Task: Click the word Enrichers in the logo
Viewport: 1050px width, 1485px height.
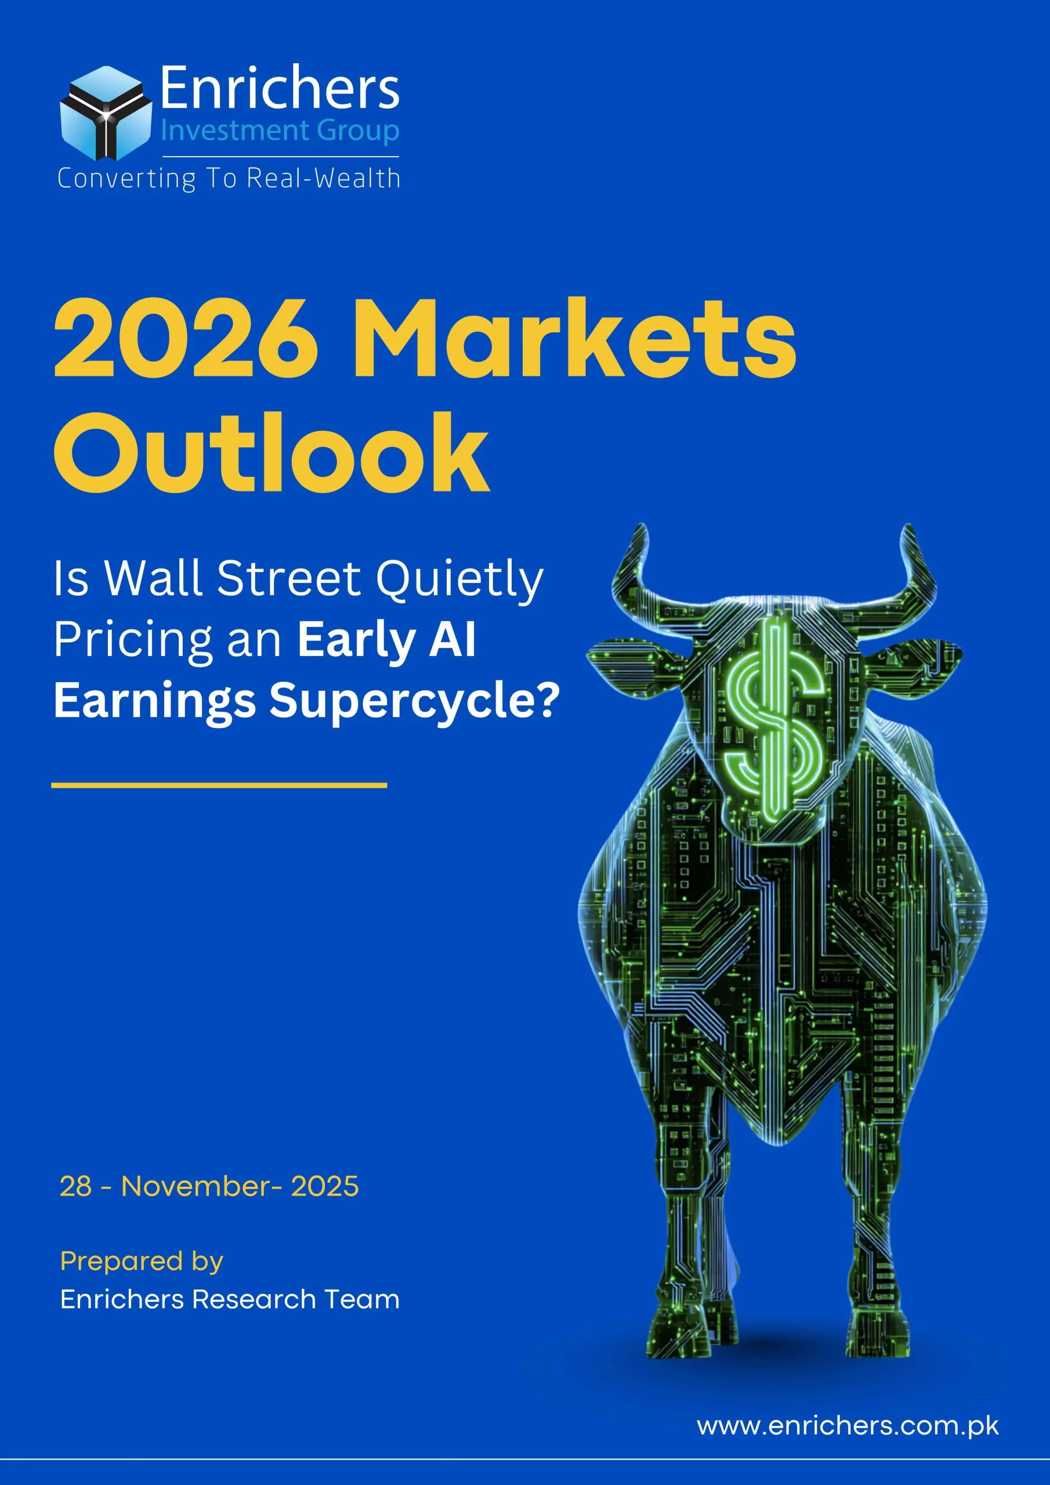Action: tap(279, 88)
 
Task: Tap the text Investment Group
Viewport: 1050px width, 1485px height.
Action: tap(280, 131)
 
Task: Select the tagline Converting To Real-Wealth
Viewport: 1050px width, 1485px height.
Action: tap(229, 179)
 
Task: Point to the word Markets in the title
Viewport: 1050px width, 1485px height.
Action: tap(574, 339)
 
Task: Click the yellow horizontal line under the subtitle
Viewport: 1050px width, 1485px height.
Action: tap(219, 785)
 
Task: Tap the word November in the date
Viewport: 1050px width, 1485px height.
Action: tap(195, 1186)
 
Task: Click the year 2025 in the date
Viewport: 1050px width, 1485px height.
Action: tap(325, 1186)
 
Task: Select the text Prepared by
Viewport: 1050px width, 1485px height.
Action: tap(142, 1261)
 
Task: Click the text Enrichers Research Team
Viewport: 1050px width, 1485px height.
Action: tap(230, 1299)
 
